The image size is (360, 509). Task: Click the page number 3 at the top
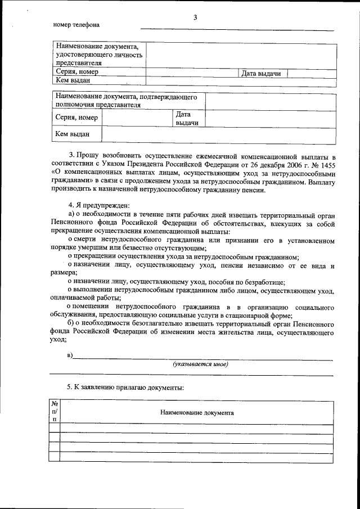click(x=195, y=17)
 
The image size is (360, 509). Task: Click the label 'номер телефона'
click(x=76, y=25)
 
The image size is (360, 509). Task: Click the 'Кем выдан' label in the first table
click(x=73, y=81)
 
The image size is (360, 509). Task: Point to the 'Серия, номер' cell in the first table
click(x=77, y=72)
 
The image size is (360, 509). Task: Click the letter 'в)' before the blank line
click(x=70, y=355)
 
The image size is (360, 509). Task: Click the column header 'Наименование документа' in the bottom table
click(x=197, y=412)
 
